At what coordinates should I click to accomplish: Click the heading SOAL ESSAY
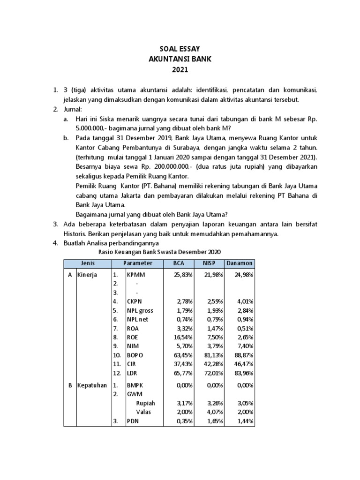coord(180,49)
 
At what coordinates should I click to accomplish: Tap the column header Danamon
coord(240,263)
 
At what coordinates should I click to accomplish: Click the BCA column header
coord(179,263)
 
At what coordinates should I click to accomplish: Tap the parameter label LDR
coord(132,372)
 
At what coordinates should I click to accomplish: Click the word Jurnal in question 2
coord(74,109)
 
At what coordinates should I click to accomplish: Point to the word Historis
coord(78,233)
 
